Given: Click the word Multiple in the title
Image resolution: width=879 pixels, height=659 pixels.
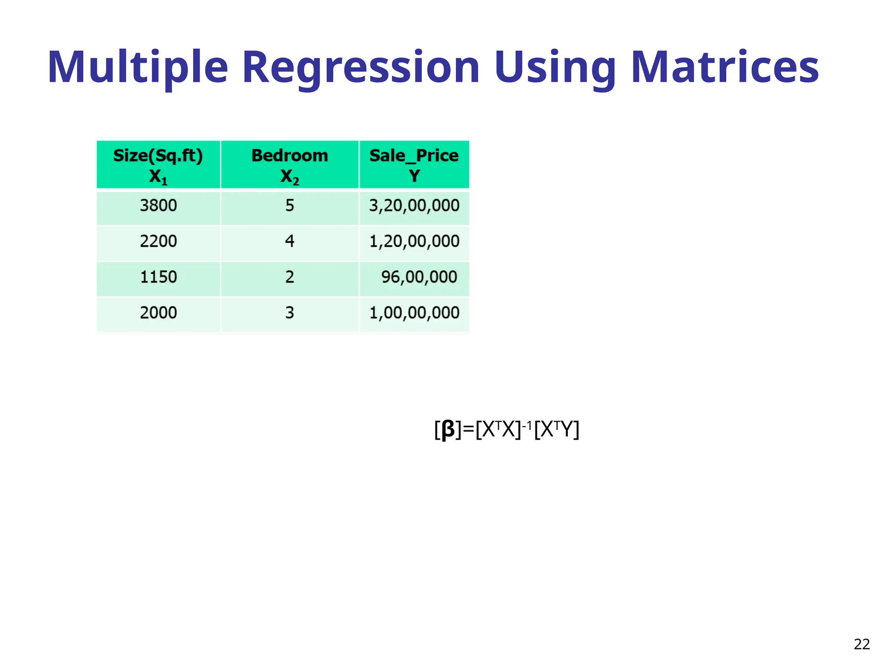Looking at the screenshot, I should pyautogui.click(x=137, y=67).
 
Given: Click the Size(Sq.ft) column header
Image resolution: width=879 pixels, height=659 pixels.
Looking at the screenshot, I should pyautogui.click(x=158, y=165).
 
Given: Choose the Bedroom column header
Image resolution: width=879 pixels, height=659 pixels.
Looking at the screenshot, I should pyautogui.click(x=290, y=165).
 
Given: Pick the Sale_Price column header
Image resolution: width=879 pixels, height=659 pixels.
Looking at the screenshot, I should pyautogui.click(x=414, y=165).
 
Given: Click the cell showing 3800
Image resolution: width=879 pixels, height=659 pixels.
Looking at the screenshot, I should pyautogui.click(x=158, y=206).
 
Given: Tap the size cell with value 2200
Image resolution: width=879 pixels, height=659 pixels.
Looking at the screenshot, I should pyautogui.click(x=158, y=241).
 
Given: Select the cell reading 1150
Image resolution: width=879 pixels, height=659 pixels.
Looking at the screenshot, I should pyautogui.click(x=158, y=277).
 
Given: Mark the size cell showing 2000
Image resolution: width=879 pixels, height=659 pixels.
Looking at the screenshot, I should pyautogui.click(x=158, y=312).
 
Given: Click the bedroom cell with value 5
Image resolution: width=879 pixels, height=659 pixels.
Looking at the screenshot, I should pyautogui.click(x=290, y=206).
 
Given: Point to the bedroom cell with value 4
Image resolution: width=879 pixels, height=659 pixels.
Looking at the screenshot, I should pyautogui.click(x=290, y=241).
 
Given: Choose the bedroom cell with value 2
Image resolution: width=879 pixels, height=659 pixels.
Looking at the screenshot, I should pyautogui.click(x=290, y=277).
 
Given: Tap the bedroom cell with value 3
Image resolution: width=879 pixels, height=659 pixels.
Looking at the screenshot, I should pyautogui.click(x=290, y=312).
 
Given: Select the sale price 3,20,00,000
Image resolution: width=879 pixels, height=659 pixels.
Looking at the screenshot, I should pyautogui.click(x=414, y=206).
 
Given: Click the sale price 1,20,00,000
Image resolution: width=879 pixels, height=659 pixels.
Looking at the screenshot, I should pyautogui.click(x=414, y=241).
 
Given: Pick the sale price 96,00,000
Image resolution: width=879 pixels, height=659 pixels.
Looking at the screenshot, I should pyautogui.click(x=419, y=277).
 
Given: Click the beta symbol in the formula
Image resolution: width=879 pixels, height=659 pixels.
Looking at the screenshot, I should pyautogui.click(x=448, y=429).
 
